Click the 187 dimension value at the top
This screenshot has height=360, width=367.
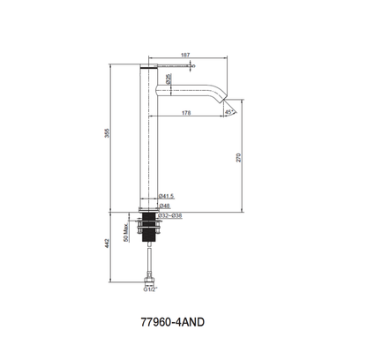(x=184, y=55)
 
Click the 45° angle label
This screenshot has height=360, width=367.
(x=228, y=113)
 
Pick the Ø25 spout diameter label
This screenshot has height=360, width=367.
(x=168, y=79)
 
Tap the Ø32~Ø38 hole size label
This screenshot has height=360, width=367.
(x=169, y=214)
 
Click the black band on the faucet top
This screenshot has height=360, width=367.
(x=147, y=67)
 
